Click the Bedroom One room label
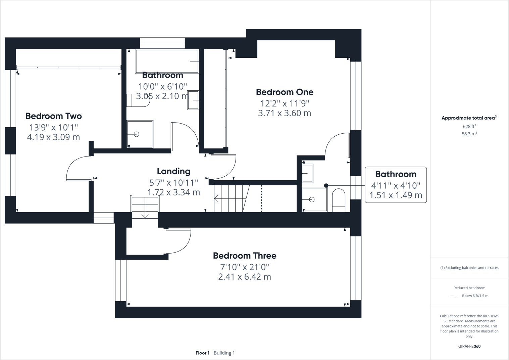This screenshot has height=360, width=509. point(285,92)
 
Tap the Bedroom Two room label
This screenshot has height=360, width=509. point(53,116)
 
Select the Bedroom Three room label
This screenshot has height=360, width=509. point(245,256)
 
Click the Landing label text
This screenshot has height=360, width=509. point(173,171)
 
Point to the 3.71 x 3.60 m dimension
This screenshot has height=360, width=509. point(285,113)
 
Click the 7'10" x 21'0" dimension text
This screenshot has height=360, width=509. point(245,267)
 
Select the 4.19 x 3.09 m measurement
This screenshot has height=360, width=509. point(53,137)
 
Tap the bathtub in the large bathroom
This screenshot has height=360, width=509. point(167,61)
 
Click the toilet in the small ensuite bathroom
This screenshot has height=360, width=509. point(338,200)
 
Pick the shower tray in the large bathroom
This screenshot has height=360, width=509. point(140,134)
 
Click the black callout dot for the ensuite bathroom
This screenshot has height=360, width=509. point(326,185)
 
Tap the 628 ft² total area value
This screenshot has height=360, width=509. point(469,127)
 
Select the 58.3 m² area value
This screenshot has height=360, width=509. point(469,134)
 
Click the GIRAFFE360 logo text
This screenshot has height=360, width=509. point(469,346)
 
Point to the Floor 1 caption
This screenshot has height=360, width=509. point(202,353)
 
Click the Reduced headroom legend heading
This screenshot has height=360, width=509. point(469,288)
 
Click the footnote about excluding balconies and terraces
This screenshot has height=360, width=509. point(469,268)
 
